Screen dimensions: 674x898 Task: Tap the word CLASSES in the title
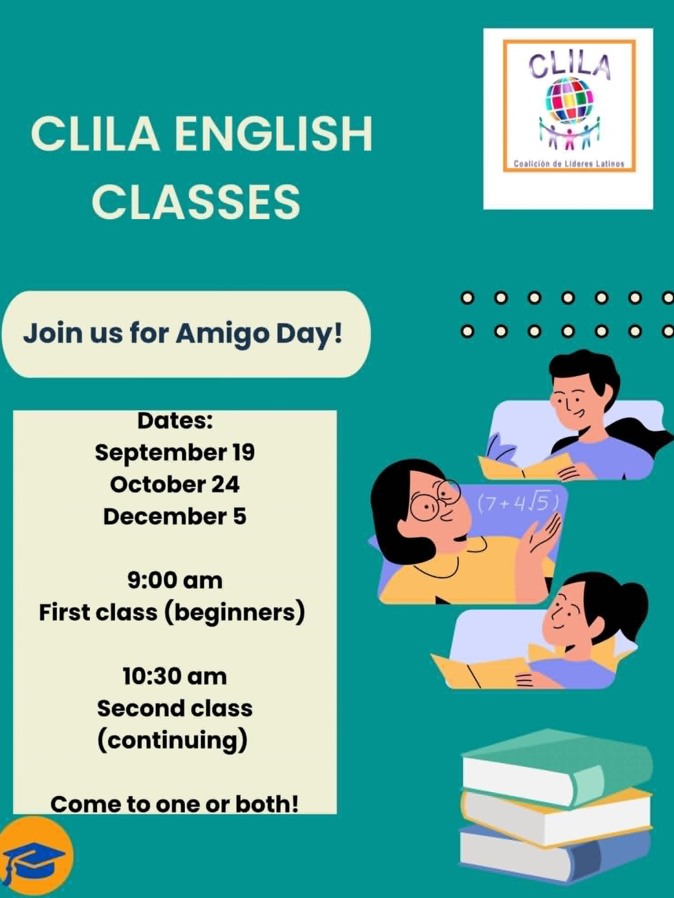coord(196,201)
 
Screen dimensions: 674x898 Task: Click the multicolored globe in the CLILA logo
coord(569,99)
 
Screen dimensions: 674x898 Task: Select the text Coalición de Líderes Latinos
coord(569,164)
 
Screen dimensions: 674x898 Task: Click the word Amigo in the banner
coord(223,334)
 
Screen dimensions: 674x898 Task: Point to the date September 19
coord(175,452)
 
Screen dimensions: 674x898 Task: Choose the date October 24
coord(175,484)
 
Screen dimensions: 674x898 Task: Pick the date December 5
coord(175,516)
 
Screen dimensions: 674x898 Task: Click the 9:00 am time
coord(175,580)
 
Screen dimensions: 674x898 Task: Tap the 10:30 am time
coord(175,677)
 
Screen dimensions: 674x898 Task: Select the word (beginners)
coord(234,613)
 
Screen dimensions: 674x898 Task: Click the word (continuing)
coord(172,741)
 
